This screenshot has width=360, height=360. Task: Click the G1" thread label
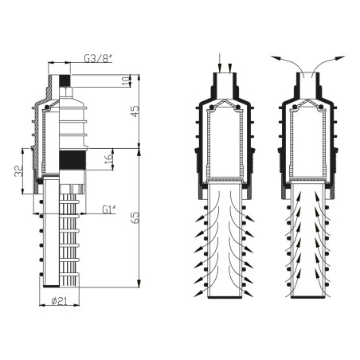pyautogui.click(x=109, y=210)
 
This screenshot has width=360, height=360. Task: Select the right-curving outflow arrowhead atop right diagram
pyautogui.click(x=340, y=57)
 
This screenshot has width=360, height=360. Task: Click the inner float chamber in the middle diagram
pyautogui.click(x=225, y=143)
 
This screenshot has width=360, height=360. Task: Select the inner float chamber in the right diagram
pyautogui.click(x=307, y=143)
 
